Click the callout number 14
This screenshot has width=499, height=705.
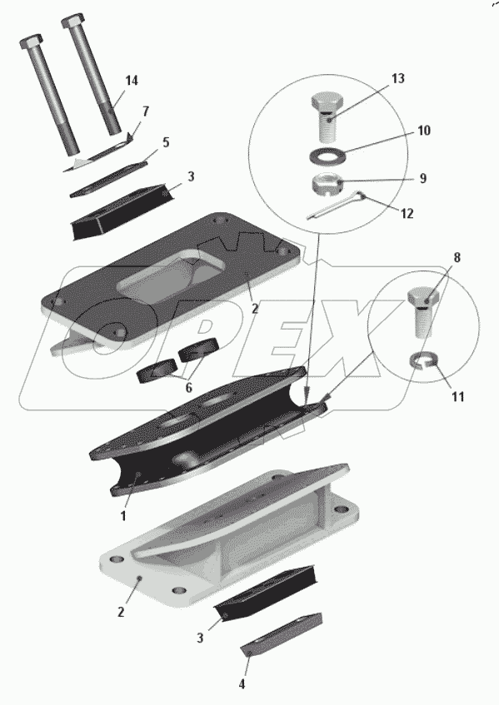132,81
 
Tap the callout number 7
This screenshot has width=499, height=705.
145,112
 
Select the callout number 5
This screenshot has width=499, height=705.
166,143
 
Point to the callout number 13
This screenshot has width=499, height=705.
397,79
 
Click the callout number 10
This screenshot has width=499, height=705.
424,131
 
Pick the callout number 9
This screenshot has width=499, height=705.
423,178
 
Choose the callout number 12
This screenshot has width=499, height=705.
407,213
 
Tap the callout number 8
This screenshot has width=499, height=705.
457,258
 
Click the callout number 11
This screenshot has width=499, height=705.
457,396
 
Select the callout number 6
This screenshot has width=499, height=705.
188,388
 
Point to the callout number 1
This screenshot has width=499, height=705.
122,516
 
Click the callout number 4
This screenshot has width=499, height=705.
242,684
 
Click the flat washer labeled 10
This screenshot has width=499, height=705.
327,155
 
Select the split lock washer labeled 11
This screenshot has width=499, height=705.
423,360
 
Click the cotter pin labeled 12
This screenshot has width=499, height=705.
337,206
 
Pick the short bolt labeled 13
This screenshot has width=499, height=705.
328,117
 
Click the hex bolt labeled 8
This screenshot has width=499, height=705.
423,311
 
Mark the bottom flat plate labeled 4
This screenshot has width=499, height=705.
282,634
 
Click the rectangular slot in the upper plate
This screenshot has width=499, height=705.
170,276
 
